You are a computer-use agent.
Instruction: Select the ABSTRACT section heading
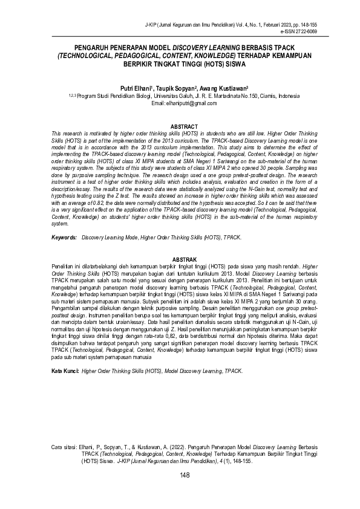pos(180,126)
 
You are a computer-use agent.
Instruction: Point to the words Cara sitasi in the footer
pos(65,447)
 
